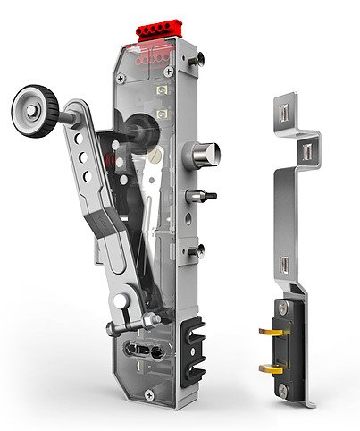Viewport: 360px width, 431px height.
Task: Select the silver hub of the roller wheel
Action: (x=33, y=110)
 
